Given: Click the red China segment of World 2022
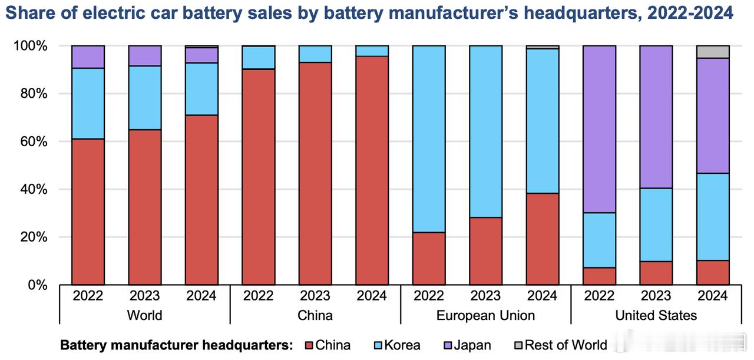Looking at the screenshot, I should [x=88, y=212].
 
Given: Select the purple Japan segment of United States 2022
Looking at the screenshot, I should [x=599, y=129].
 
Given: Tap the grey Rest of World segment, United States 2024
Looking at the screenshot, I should [x=713, y=52].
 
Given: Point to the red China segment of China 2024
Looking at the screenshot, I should [x=372, y=171].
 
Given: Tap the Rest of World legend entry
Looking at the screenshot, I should [x=565, y=345].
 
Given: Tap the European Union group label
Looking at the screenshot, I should [x=485, y=315].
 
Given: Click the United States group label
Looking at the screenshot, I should [x=656, y=315].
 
